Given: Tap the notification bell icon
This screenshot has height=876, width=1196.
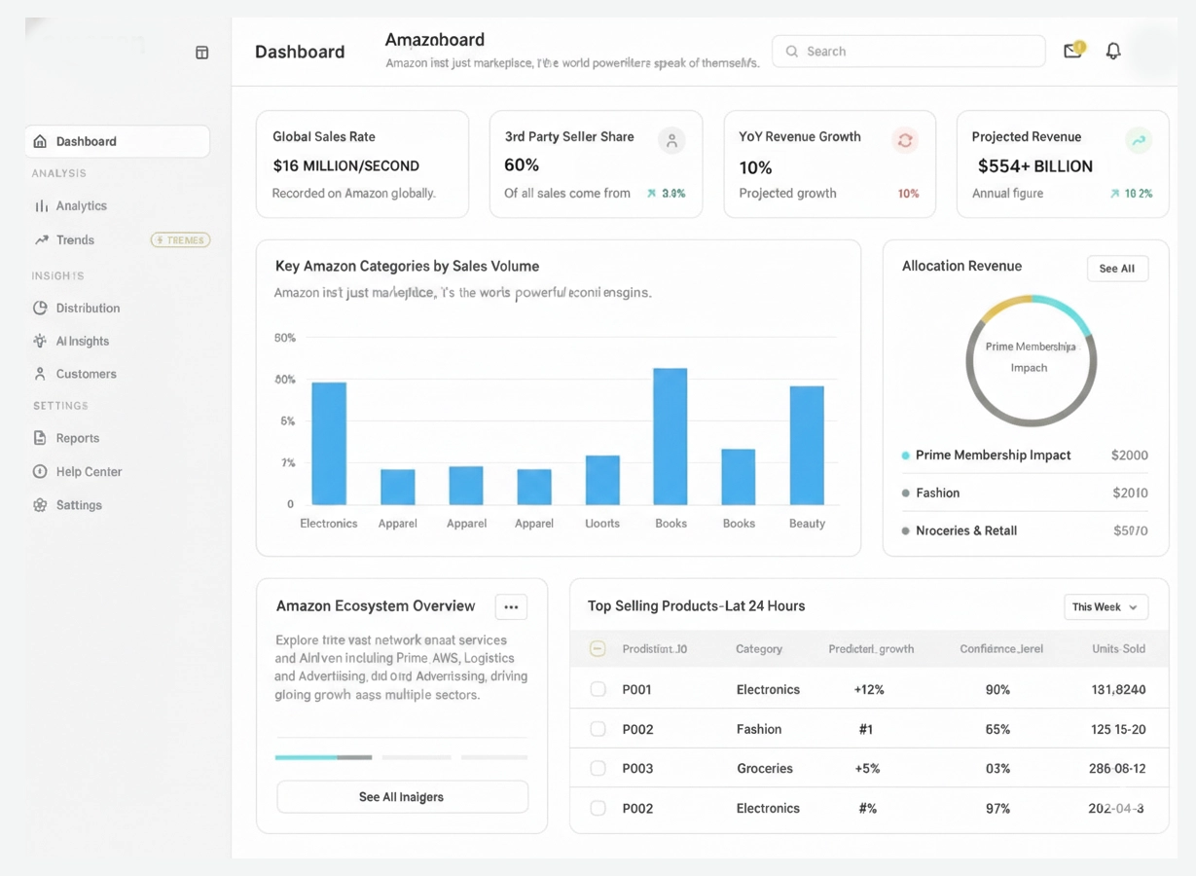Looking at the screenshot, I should (x=1113, y=51).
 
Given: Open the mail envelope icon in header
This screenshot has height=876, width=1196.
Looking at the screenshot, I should (x=1072, y=51).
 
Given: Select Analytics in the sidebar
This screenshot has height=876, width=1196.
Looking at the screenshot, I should (x=81, y=206).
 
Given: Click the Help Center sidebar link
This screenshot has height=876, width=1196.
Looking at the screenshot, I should (x=89, y=472).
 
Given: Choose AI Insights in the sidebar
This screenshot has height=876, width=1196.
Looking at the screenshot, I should (x=82, y=342).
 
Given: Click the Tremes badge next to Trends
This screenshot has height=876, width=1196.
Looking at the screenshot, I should (x=181, y=240).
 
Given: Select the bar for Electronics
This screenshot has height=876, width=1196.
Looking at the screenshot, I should (x=329, y=443).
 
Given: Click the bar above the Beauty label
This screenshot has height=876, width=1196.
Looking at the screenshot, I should (x=807, y=445).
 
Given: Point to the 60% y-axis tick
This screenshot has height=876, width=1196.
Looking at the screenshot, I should (x=285, y=338).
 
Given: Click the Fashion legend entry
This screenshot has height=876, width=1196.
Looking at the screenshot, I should (x=937, y=493).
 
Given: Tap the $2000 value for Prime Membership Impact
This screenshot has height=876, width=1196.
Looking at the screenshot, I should (x=1129, y=456).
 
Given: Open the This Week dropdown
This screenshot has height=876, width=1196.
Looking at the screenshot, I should (x=1105, y=607).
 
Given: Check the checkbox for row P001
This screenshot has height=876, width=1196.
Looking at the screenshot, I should (x=598, y=689).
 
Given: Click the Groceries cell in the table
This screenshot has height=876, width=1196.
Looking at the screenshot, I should (x=764, y=769).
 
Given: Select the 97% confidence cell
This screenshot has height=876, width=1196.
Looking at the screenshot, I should (x=997, y=809).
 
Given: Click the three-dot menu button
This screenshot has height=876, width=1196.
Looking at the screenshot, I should (x=511, y=607).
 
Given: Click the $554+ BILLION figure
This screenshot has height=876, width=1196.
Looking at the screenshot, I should (x=1034, y=166).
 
